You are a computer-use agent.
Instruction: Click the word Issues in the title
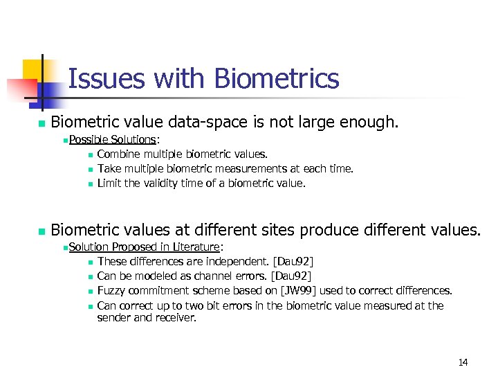97,78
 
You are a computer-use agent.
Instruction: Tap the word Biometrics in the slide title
277,78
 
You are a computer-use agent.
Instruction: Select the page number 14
463,362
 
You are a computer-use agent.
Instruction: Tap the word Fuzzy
112,291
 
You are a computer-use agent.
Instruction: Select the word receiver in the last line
177,318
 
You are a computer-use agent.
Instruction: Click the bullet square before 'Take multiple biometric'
90,169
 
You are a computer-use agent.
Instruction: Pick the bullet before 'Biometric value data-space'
41,124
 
